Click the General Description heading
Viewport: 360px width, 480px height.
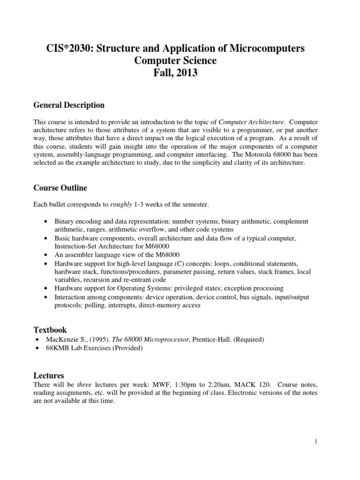[69, 105]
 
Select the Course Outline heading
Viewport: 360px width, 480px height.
[60, 188]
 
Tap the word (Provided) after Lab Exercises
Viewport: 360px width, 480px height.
[127, 348]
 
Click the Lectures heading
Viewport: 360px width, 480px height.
[49, 375]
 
